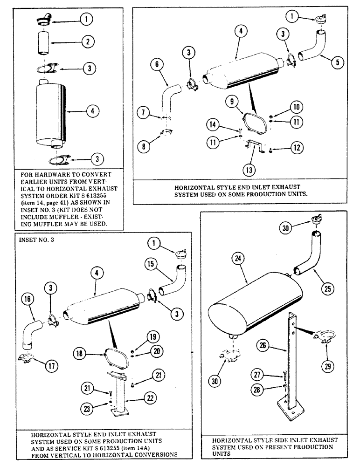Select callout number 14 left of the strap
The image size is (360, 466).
(x=212, y=124)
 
